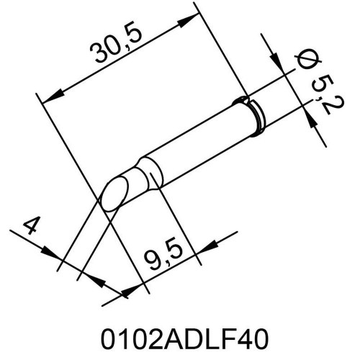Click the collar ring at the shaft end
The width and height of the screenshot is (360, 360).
tap(253, 115)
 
